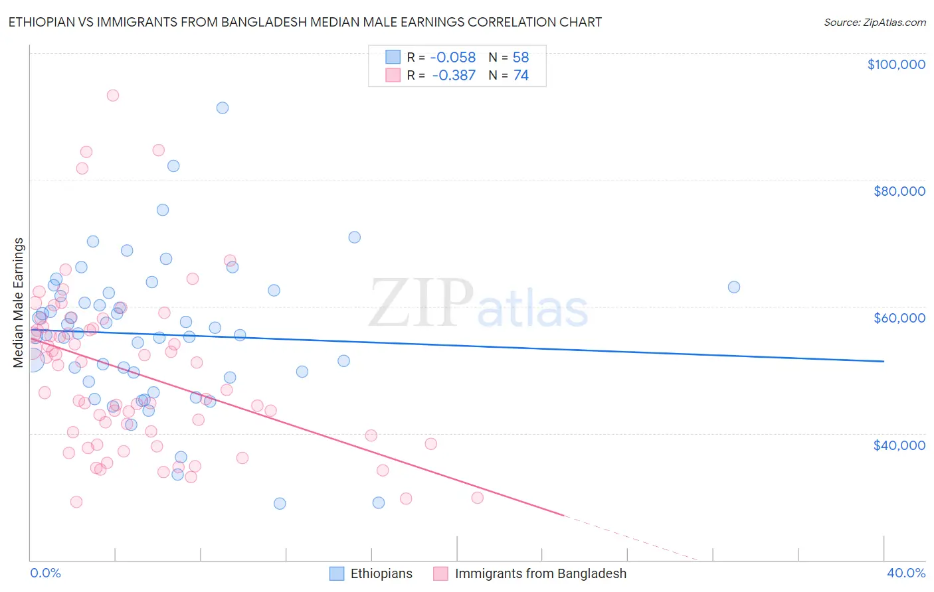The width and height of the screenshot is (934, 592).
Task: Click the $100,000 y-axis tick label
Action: (x=895, y=64)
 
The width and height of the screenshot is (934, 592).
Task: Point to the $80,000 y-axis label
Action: (x=899, y=191)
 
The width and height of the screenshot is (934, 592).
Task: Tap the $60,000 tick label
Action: (x=899, y=318)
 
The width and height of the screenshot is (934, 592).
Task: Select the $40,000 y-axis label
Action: (x=899, y=445)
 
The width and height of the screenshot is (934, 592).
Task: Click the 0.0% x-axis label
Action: (x=45, y=573)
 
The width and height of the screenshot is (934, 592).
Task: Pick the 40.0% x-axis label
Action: (x=906, y=573)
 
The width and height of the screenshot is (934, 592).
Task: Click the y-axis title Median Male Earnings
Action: (x=19, y=303)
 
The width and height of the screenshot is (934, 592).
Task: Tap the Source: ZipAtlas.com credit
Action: (x=874, y=22)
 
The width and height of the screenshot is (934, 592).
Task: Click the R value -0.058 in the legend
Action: (x=454, y=58)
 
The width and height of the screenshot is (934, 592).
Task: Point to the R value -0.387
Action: (x=454, y=76)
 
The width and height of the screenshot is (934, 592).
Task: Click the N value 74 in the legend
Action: (x=521, y=76)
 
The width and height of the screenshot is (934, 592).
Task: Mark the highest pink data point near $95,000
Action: (x=113, y=96)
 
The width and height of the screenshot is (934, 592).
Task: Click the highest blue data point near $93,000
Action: (x=223, y=108)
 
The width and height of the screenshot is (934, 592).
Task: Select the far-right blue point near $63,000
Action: (x=734, y=287)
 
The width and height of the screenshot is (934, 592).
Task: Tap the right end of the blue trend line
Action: (x=884, y=361)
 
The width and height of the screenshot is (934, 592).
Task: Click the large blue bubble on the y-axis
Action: (x=32, y=360)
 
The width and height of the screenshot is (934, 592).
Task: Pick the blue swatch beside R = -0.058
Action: (x=393, y=58)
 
